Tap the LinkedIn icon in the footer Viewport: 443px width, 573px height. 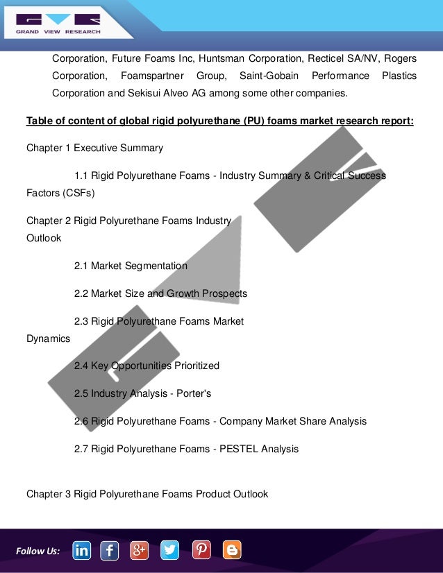81,551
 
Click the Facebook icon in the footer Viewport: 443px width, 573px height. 110,551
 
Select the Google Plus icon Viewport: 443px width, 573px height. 140,551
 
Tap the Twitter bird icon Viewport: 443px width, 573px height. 170,551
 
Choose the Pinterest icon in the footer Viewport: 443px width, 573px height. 201,551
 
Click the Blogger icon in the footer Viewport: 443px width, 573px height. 232,551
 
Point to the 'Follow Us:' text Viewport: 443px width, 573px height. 37,551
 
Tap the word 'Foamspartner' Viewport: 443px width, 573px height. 151,75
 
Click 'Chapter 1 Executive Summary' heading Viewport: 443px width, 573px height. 94,148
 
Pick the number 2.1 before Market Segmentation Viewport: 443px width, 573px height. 81,266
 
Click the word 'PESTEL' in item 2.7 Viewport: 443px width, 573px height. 240,449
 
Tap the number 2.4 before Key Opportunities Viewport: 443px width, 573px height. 81,366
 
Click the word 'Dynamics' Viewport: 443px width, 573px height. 48,339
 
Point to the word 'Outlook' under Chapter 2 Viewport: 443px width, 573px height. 44,238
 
